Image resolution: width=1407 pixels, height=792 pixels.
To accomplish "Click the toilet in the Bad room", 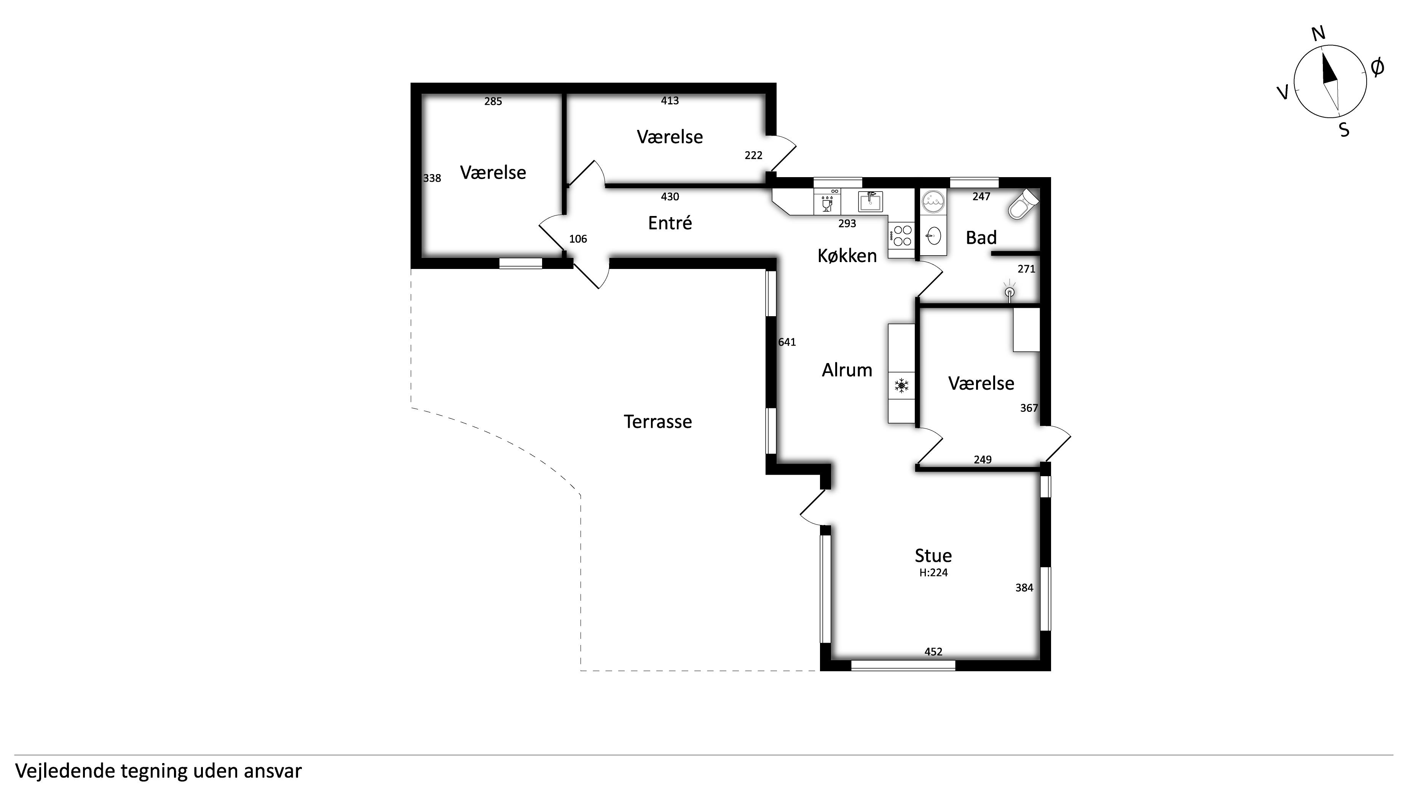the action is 1023,204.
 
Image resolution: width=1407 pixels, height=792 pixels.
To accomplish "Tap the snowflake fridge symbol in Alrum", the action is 901,386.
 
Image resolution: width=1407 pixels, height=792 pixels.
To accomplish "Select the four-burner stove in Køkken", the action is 902,235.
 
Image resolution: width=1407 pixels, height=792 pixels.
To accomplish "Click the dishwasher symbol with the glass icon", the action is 827,202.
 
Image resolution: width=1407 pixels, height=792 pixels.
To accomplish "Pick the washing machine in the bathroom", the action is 933,202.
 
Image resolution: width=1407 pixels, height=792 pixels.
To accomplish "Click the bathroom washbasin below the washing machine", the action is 933,237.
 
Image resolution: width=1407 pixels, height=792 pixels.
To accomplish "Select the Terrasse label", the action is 657,421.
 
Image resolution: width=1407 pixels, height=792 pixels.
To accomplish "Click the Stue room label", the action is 933,555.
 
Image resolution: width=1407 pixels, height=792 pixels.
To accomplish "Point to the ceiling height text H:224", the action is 933,573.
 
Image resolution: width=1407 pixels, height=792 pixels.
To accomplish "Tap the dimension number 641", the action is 787,342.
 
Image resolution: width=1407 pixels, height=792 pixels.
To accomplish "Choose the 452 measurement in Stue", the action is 933,651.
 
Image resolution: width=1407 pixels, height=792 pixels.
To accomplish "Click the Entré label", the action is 670,222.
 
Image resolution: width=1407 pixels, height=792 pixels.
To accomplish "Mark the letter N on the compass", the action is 1319,34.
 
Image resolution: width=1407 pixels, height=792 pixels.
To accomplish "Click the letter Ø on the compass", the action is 1378,67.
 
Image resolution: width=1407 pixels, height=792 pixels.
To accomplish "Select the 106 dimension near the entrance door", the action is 578,239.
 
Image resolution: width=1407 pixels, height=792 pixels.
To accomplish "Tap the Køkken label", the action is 847,255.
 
